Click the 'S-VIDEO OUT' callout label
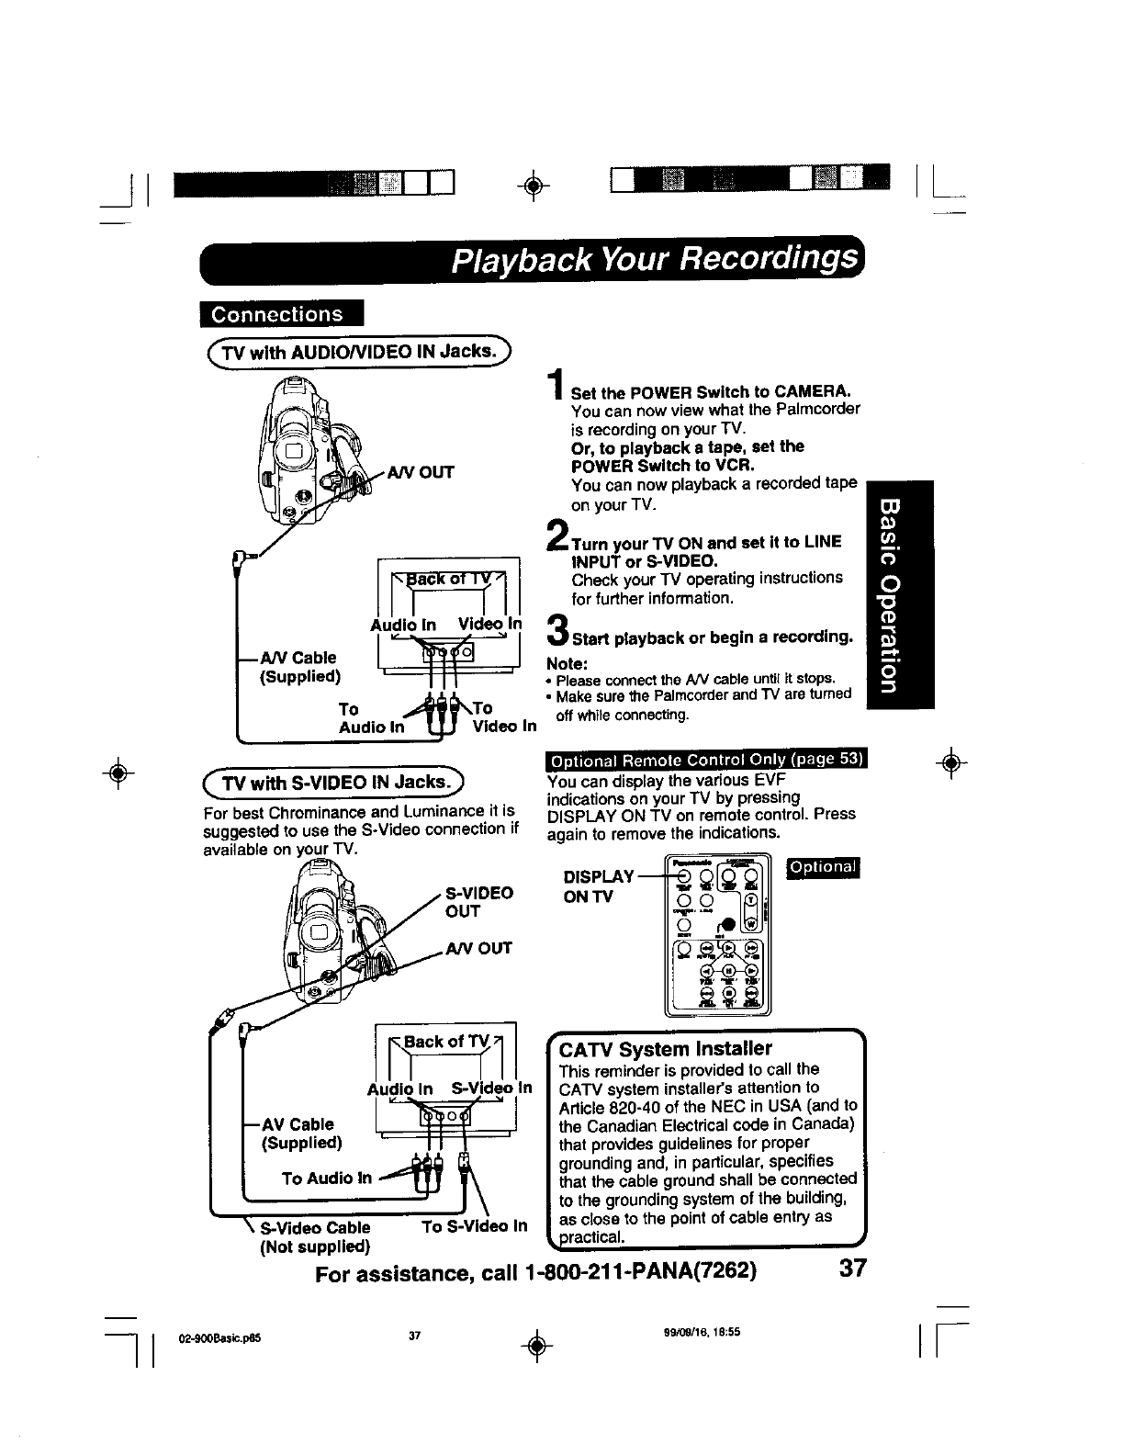[x=478, y=901]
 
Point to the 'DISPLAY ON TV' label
[x=598, y=886]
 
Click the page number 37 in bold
[x=851, y=1269]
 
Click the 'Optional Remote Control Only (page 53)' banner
[x=707, y=760]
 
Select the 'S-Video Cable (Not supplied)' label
[x=315, y=1237]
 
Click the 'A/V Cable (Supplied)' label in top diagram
[x=300, y=667]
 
